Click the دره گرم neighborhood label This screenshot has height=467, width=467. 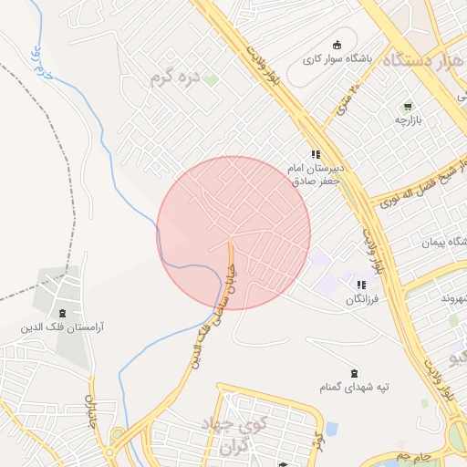(x=175, y=78)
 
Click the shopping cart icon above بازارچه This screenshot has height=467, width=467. (x=407, y=106)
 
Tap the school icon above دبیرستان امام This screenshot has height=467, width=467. (x=316, y=155)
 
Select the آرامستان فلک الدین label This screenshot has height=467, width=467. (x=61, y=326)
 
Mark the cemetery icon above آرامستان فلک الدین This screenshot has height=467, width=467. (x=61, y=311)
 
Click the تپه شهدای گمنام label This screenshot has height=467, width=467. (x=354, y=388)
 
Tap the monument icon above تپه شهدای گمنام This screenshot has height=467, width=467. (x=354, y=372)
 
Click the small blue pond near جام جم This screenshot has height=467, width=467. (x=331, y=428)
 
